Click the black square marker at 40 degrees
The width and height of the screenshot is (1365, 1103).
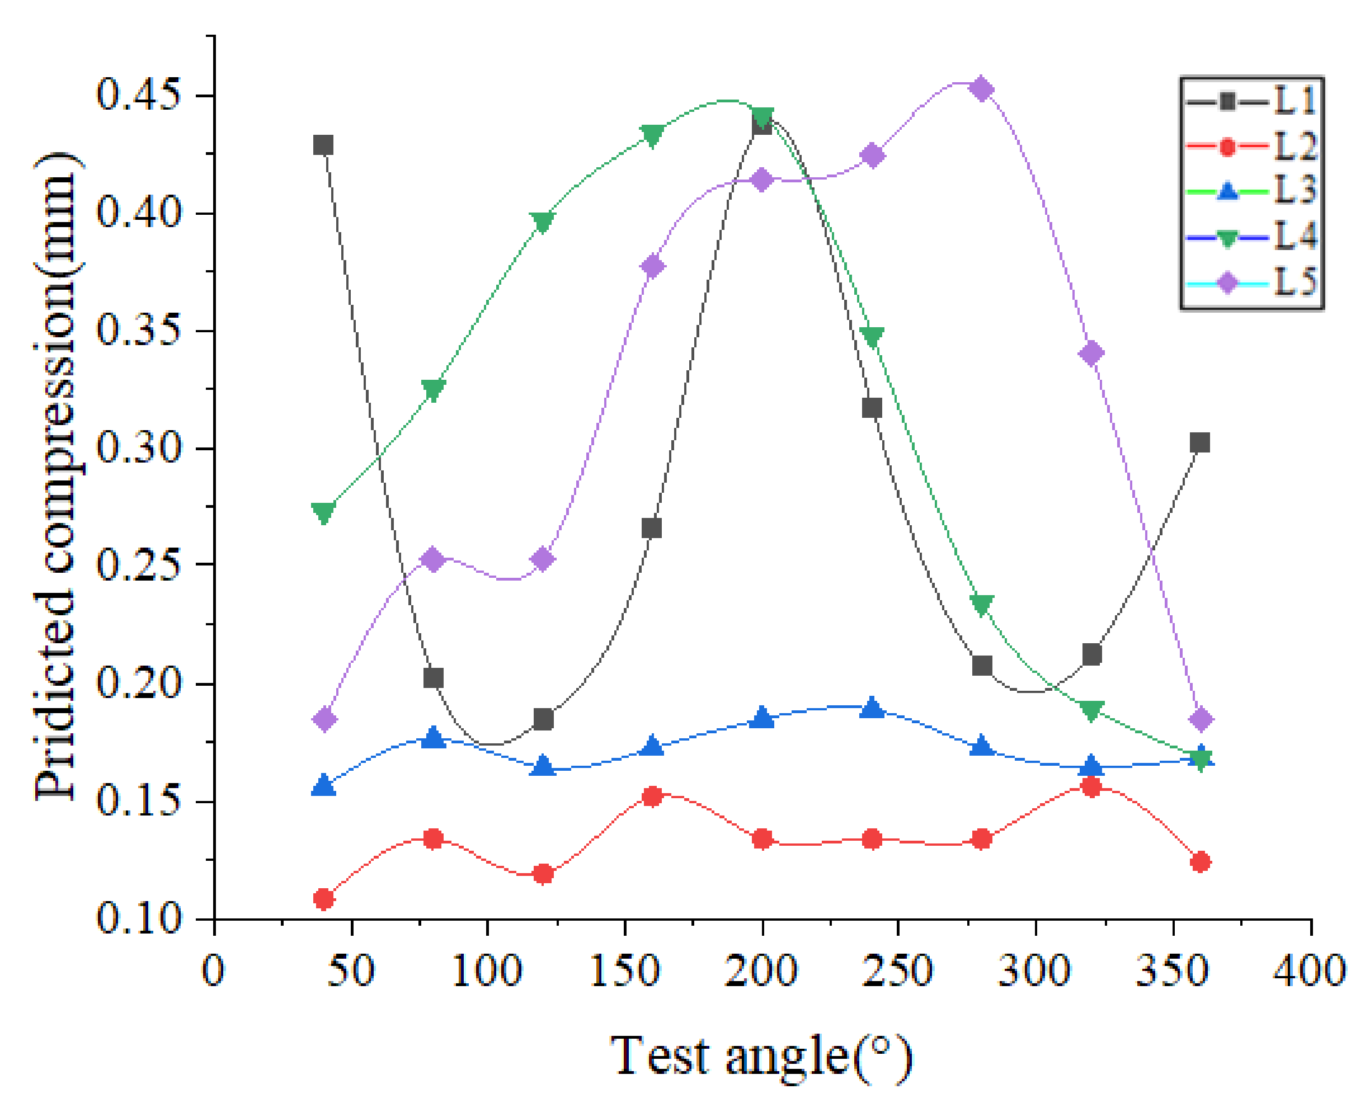point(323,145)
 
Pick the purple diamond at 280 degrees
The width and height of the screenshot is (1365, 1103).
point(982,89)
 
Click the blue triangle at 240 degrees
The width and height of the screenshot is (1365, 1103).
point(872,708)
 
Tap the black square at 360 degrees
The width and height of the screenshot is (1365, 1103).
point(1200,442)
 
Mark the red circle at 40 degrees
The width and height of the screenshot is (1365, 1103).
point(323,899)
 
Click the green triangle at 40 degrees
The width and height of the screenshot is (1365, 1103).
point(323,512)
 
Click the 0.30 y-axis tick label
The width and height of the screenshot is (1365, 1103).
point(139,449)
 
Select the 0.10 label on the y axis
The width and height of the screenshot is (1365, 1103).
point(139,920)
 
